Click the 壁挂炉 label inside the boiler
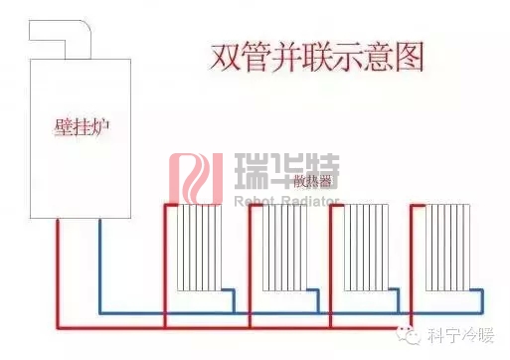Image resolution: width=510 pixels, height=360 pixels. click(79, 129)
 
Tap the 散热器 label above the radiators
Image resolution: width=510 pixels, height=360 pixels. click(314, 183)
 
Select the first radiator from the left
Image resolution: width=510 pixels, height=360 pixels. click(197, 248)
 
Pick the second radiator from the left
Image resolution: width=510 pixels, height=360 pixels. click(280, 248)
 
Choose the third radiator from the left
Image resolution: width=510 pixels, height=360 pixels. click(364, 248)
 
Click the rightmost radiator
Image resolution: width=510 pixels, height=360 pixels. click(448, 248)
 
